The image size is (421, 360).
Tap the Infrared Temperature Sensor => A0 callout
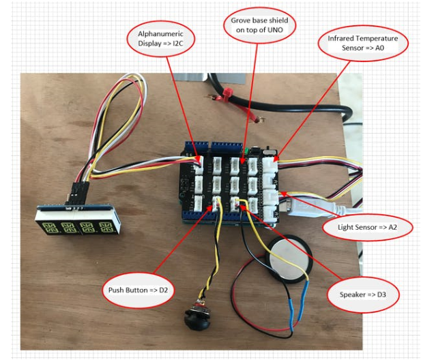(x=362, y=43)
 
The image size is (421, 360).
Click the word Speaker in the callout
(x=353, y=297)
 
